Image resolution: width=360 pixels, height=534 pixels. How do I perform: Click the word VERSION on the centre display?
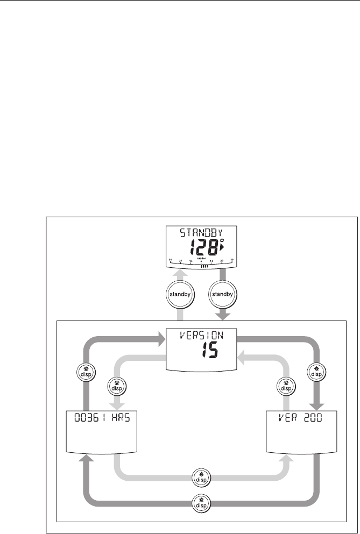pyautogui.click(x=201, y=337)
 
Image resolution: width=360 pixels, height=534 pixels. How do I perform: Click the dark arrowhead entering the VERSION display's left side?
pyautogui.click(x=160, y=339)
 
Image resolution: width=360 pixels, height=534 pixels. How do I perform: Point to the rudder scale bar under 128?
pyautogui.click(x=201, y=261)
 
